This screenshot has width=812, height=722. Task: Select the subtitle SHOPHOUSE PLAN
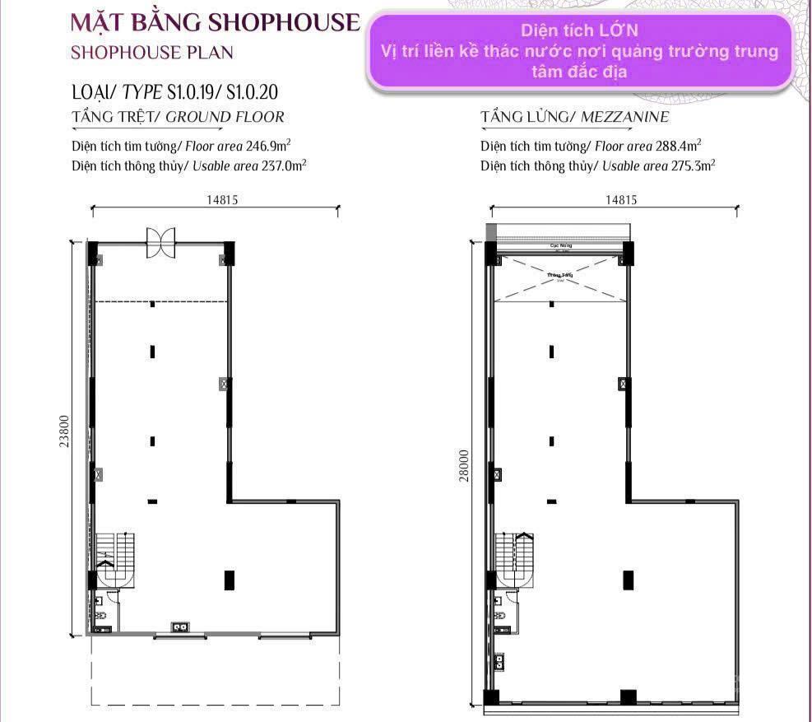[x=152, y=52]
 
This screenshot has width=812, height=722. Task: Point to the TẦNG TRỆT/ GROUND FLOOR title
[x=179, y=117]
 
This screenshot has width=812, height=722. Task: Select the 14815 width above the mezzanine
[x=621, y=198]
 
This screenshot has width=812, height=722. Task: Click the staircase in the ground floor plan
[x=114, y=558]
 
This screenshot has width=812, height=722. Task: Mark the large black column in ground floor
[x=229, y=580]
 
